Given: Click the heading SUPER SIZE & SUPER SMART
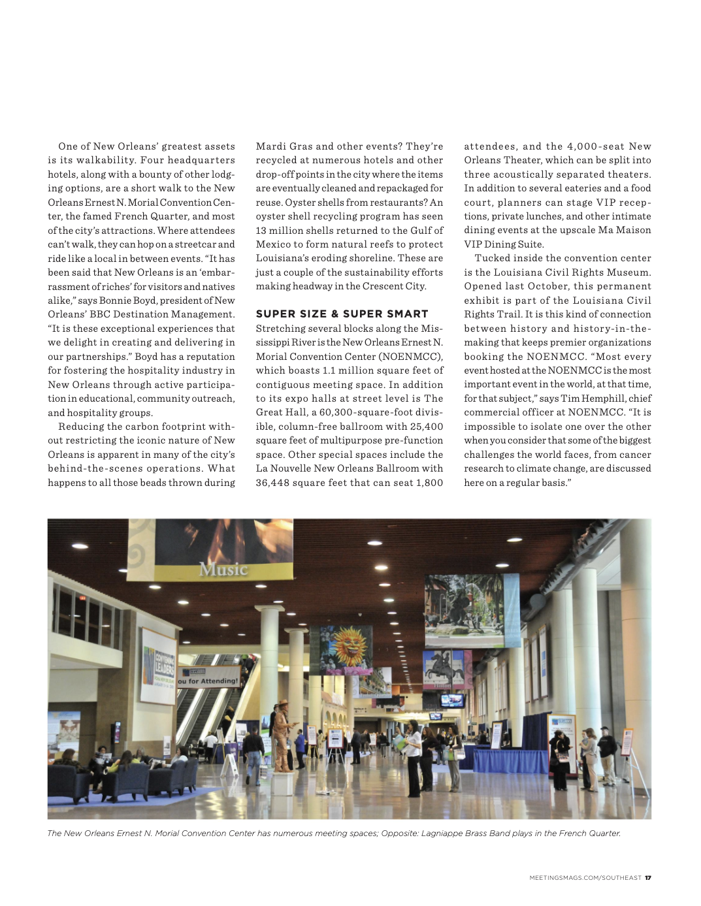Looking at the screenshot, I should coord(342,314).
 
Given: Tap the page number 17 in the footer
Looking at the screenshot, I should coord(648,878).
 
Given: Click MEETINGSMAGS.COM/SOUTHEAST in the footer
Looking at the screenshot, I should coord(585,878).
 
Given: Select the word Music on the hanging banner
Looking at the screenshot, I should coord(223,570).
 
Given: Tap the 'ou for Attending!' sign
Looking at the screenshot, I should coord(208,681).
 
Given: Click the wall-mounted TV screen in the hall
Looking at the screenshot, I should coord(452,701).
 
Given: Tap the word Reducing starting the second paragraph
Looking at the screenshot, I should coord(82,427).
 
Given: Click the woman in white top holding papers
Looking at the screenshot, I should coord(413,758).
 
